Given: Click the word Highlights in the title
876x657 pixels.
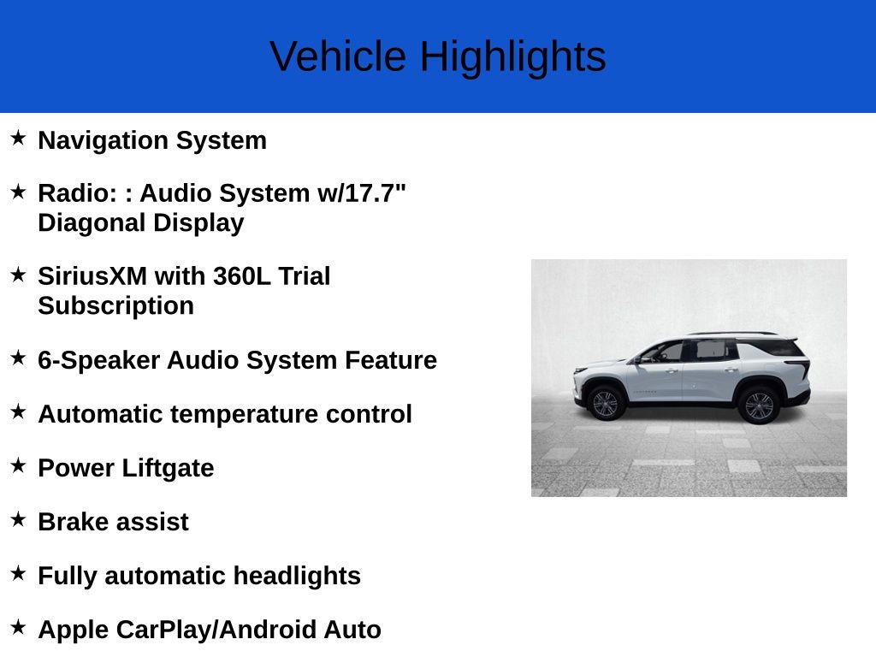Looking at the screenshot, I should pos(512,57).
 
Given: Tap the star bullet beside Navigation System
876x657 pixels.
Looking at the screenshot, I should pos(19,138).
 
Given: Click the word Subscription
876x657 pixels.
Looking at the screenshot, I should pos(115,306).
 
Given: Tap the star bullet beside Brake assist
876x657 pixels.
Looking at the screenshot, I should pos(19,519).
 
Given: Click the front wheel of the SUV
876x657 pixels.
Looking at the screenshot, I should pos(606,403).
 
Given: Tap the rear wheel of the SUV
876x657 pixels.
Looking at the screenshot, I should pos(758,405).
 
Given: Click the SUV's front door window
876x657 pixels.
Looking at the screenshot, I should pos(665,352).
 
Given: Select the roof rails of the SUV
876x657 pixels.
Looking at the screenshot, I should pos(731,334).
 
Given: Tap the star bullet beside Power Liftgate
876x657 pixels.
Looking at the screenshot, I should pos(19,465).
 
